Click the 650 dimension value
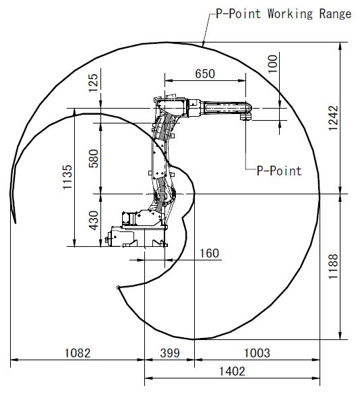(x=205, y=74)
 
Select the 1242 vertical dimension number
(x=333, y=118)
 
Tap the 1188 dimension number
(x=333, y=266)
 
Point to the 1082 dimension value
(x=78, y=353)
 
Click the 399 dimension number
(x=170, y=353)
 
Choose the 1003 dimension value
(x=257, y=353)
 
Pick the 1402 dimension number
(x=232, y=372)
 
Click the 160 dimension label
(x=209, y=253)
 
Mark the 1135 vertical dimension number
(x=67, y=177)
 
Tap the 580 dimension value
(x=94, y=159)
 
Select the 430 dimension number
(x=94, y=221)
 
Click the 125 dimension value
(x=94, y=83)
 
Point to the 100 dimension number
(x=272, y=64)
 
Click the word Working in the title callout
(x=290, y=14)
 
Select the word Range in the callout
(x=335, y=14)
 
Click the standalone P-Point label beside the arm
(x=279, y=171)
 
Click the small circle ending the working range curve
(x=118, y=287)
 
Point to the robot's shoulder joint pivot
(x=164, y=194)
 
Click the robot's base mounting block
(x=136, y=237)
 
